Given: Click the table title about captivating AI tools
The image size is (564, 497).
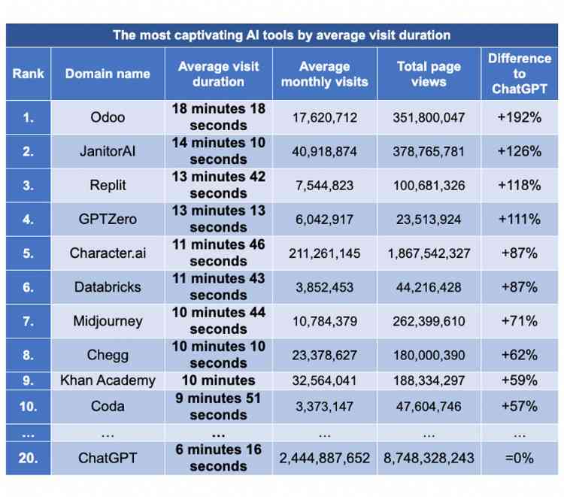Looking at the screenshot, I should [x=281, y=35].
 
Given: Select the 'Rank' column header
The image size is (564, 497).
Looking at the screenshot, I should [x=28, y=74].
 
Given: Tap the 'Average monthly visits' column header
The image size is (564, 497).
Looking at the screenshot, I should [x=324, y=74].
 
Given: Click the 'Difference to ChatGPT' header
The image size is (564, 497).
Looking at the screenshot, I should [x=519, y=74].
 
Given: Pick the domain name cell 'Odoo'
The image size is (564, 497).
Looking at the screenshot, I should [x=108, y=117].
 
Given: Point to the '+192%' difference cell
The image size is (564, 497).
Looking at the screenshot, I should [x=519, y=117].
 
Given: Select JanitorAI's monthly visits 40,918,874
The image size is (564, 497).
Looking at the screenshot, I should [x=324, y=151].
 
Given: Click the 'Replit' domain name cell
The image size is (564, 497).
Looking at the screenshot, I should [x=108, y=185].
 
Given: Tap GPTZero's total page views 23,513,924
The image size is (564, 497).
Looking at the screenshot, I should [x=428, y=220].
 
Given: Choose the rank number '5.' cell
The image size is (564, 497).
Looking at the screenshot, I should [x=28, y=253].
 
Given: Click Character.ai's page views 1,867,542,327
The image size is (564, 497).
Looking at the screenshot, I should [x=428, y=253].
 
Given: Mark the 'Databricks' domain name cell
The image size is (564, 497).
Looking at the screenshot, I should [x=108, y=287].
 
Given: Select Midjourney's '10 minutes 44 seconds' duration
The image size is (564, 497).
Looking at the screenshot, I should [x=218, y=321].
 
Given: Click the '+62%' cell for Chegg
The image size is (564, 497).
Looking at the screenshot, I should [x=519, y=355].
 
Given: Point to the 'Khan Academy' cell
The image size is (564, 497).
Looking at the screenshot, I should [x=108, y=380].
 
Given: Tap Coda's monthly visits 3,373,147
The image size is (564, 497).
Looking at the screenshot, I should [x=324, y=406].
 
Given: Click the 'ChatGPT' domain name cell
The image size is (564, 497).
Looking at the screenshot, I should [x=108, y=458].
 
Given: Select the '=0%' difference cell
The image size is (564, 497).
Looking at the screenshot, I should [x=519, y=458].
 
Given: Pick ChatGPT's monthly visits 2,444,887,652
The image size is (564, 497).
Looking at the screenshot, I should [x=324, y=458].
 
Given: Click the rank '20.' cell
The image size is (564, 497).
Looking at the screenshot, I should [x=28, y=458].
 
